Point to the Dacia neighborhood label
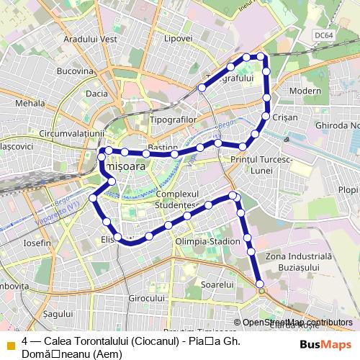click(x=96, y=94)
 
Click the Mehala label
click(x=30, y=104)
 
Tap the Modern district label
click(x=305, y=91)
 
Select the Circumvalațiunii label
click(x=73, y=133)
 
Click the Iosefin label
click(x=37, y=243)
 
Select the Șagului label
click(x=54, y=315)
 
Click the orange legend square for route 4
click(x=10, y=343)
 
